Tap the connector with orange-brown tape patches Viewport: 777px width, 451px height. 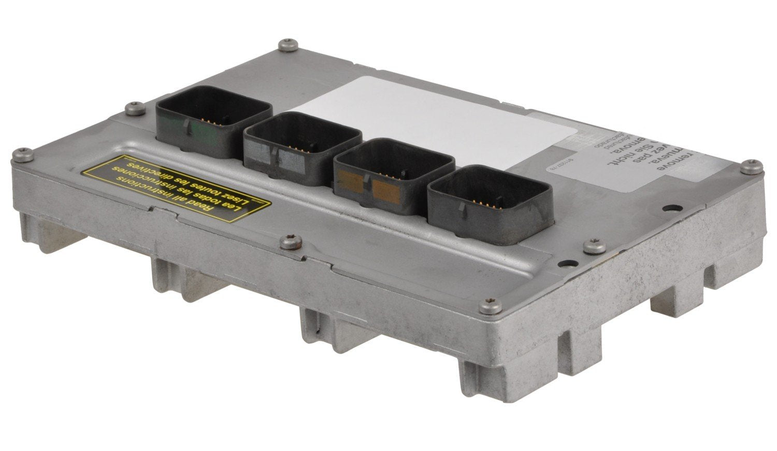click(394, 176)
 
